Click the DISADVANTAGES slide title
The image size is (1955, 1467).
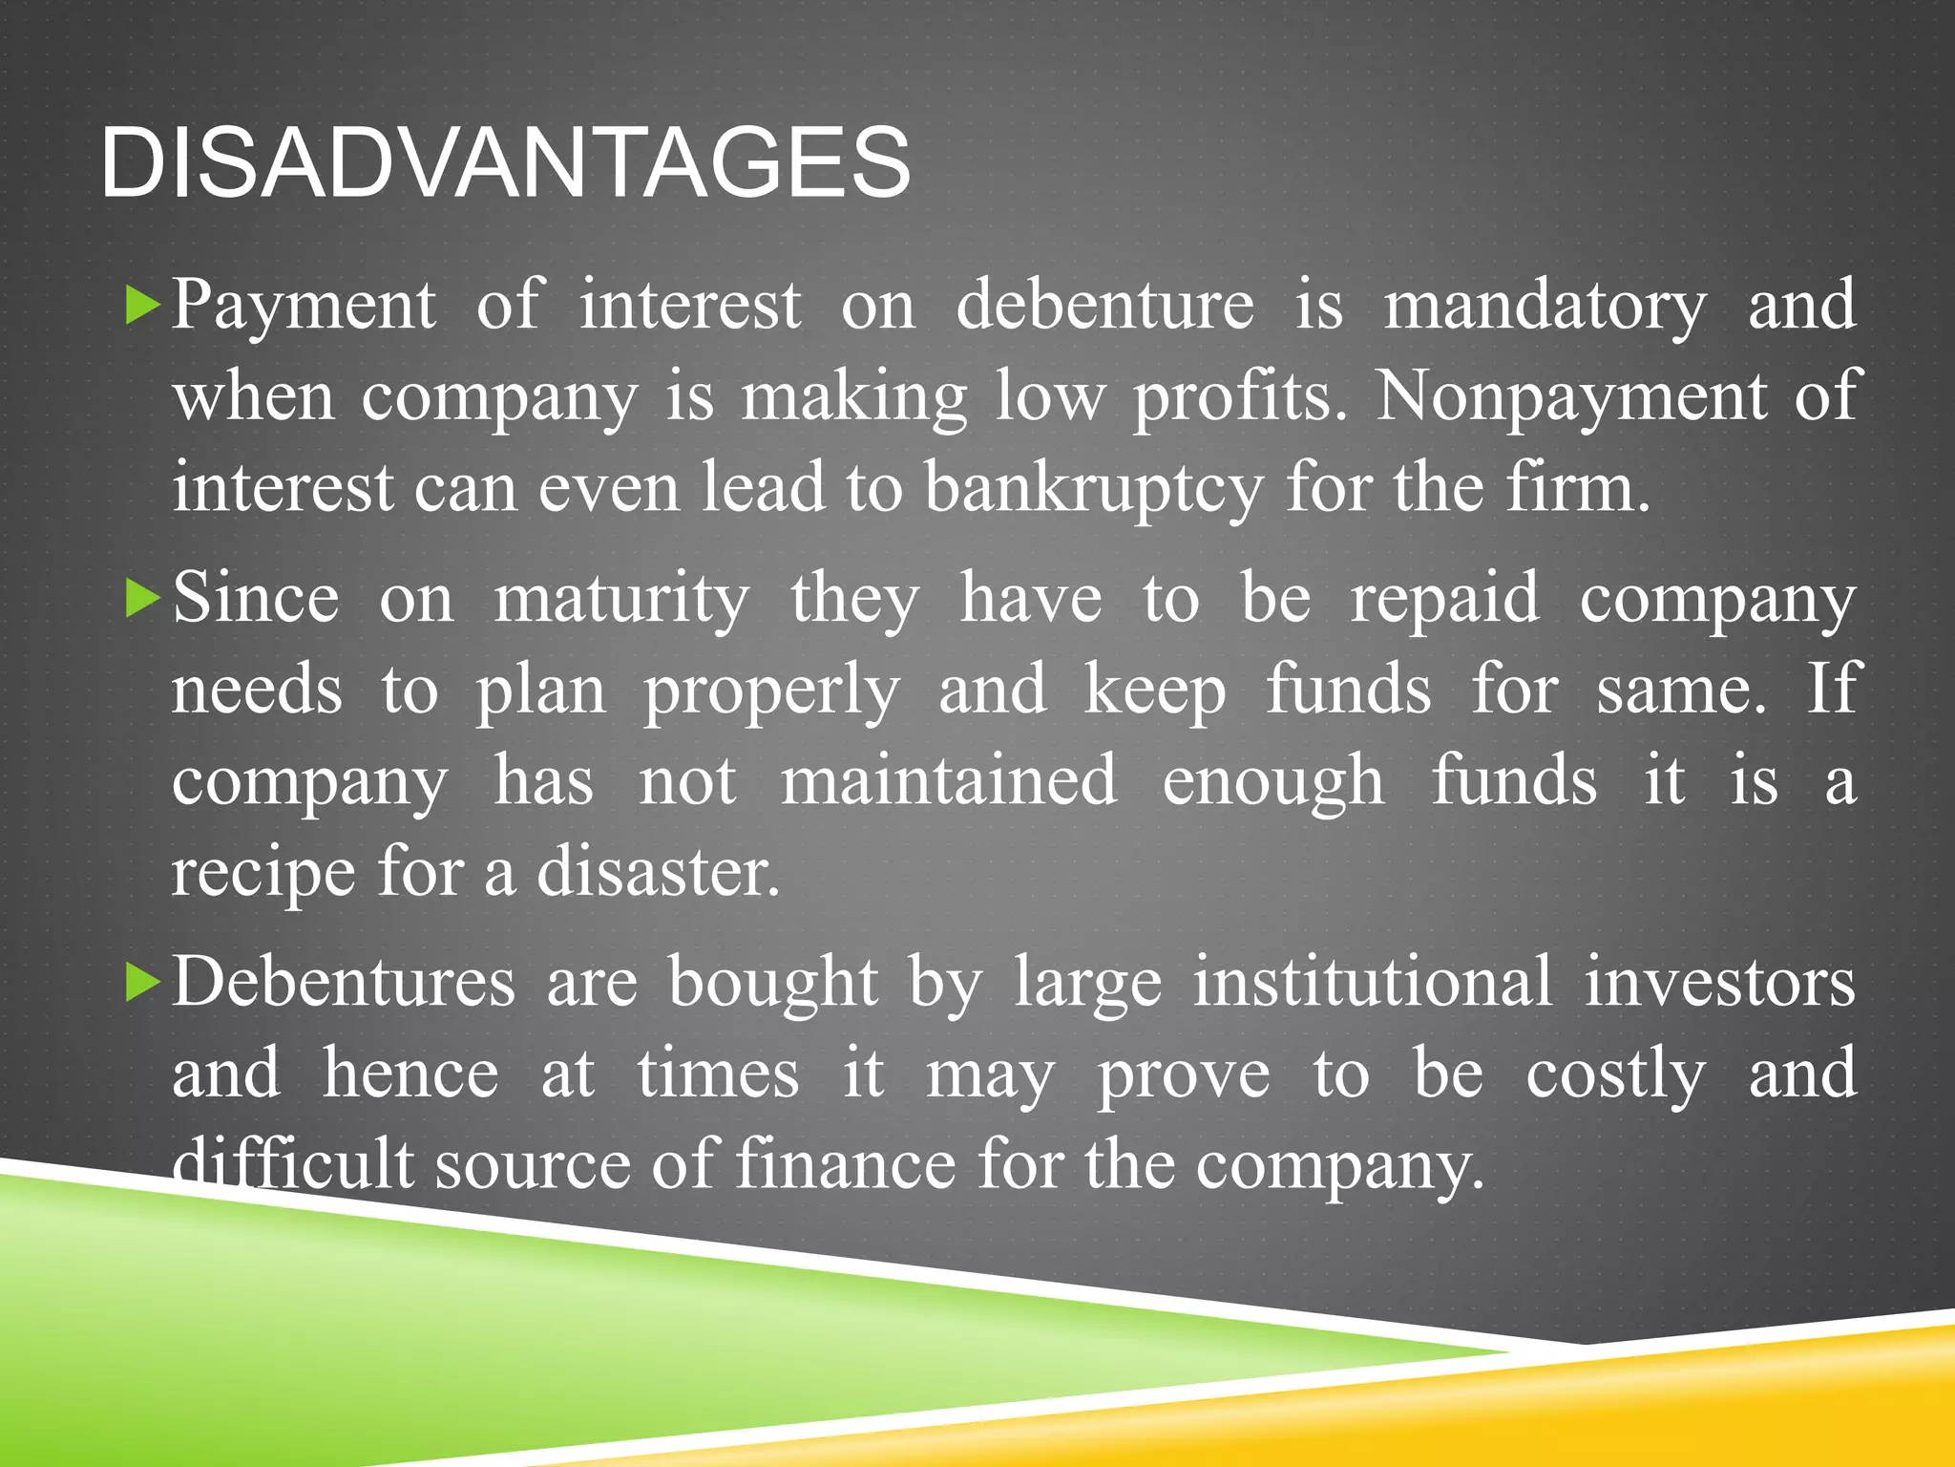click(505, 163)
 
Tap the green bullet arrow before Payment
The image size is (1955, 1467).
click(143, 306)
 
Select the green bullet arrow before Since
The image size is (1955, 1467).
click(143, 599)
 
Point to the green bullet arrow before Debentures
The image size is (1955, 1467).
click(143, 983)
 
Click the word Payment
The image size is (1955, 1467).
click(304, 306)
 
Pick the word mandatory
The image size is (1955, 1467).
click(1545, 306)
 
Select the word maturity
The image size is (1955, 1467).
click(621, 600)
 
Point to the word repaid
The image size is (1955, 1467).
click(1444, 598)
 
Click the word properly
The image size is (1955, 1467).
click(771, 691)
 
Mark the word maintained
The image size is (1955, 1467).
click(949, 781)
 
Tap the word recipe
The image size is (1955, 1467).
click(263, 873)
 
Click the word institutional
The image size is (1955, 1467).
click(1373, 982)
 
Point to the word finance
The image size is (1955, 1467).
click(846, 1165)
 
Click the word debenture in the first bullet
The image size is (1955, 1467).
click(1105, 306)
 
